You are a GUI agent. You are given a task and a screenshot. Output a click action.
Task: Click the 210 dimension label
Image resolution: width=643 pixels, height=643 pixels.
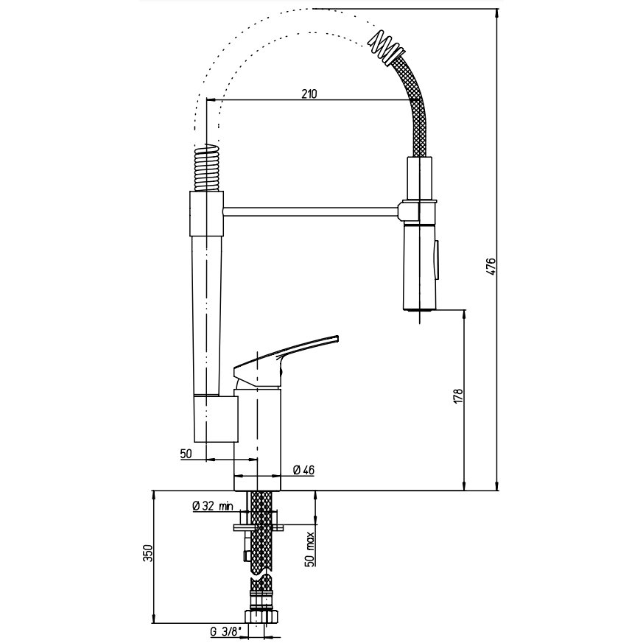(309, 94)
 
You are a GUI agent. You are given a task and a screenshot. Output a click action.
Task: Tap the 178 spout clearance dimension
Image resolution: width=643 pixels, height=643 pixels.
(457, 396)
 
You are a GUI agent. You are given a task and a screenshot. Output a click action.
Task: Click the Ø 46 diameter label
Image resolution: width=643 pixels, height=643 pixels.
(304, 470)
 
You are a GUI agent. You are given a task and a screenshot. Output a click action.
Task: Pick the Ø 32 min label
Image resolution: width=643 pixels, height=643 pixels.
(212, 506)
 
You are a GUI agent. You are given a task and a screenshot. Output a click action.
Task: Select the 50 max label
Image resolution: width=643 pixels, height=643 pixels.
(310, 549)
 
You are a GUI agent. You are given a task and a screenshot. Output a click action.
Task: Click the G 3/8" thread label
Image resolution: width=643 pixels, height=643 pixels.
(225, 633)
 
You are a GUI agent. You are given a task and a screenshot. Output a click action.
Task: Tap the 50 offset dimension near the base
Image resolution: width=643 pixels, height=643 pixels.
(186, 454)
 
